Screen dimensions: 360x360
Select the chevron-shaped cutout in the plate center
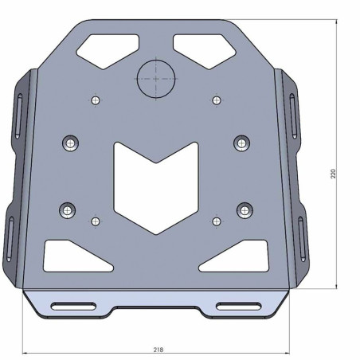click(x=157, y=183)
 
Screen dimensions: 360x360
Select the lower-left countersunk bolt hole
click(x=68, y=211)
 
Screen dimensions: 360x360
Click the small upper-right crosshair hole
click(x=217, y=100)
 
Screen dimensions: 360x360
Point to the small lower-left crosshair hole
click(x=96, y=221)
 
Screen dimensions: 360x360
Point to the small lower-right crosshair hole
click(x=217, y=221)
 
